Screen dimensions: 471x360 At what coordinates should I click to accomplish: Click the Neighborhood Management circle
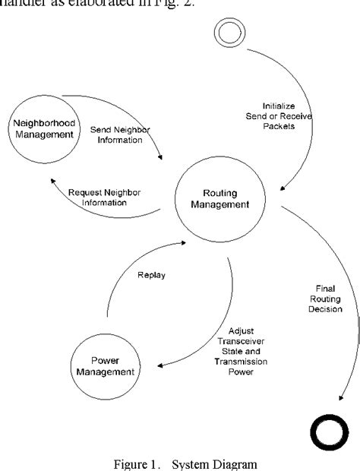pos(46,129)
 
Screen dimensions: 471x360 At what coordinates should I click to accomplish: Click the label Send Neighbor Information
pos(120,136)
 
